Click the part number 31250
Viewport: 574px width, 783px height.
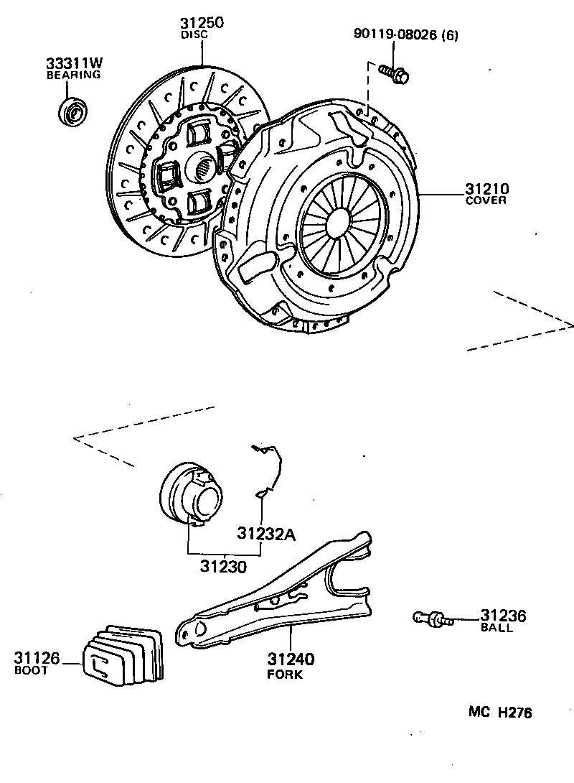pyautogui.click(x=202, y=23)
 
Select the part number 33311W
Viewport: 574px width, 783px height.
pyautogui.click(x=73, y=63)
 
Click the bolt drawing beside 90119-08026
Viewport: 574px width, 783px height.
pyautogui.click(x=393, y=73)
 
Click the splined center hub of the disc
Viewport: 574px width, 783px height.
pyautogui.click(x=204, y=170)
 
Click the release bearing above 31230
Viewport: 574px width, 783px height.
pyautogui.click(x=192, y=495)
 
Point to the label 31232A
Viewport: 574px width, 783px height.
pyautogui.click(x=268, y=534)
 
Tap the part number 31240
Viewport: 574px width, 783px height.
pyautogui.click(x=292, y=659)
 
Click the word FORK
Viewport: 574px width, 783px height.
pyautogui.click(x=285, y=675)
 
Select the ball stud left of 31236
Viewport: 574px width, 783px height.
pyautogui.click(x=433, y=617)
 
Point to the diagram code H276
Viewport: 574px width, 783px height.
pyautogui.click(x=517, y=713)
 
